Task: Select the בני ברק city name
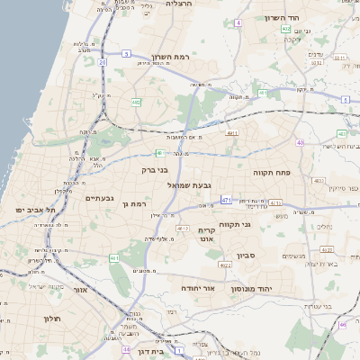pyautogui.click(x=156, y=168)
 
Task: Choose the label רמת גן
pyautogui.click(x=133, y=205)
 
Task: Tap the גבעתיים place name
pyautogui.click(x=98, y=197)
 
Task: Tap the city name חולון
pyautogui.click(x=51, y=319)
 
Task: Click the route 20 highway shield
pyautogui.click(x=103, y=62)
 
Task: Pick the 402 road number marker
pyautogui.click(x=285, y=30)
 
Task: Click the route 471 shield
pyautogui.click(x=226, y=200)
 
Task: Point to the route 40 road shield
pyautogui.click(x=300, y=143)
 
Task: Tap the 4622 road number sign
pyautogui.click(x=224, y=265)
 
